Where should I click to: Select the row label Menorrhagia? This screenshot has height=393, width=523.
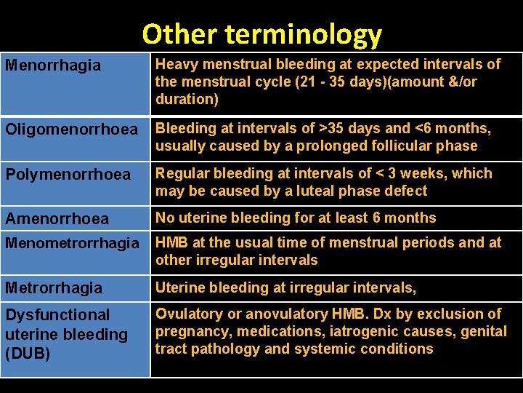(53, 65)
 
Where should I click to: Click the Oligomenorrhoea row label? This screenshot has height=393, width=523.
(71, 130)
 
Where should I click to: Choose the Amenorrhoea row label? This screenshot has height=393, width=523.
(57, 218)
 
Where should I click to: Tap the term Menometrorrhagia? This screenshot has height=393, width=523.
(71, 243)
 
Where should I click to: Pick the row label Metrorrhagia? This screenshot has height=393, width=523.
(54, 288)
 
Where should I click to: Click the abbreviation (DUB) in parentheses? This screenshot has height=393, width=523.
(28, 354)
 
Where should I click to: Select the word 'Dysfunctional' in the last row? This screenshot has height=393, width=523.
(57, 315)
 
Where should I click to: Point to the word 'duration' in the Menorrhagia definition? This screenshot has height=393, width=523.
(185, 99)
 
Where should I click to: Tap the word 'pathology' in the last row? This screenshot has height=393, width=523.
(222, 349)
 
